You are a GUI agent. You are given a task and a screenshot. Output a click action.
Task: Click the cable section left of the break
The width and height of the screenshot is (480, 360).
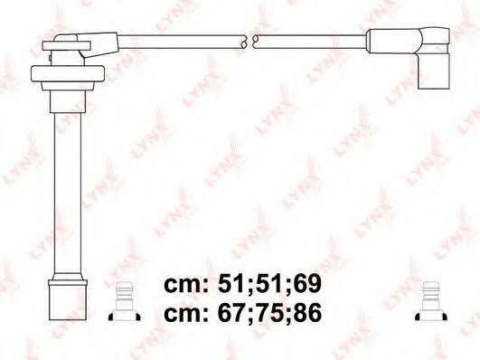click(181, 40)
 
